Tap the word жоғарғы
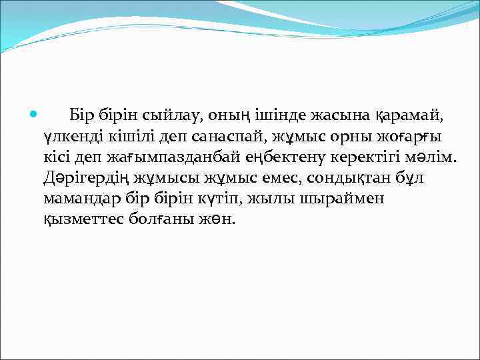click(x=407, y=137)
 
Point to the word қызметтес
click(x=83, y=220)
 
